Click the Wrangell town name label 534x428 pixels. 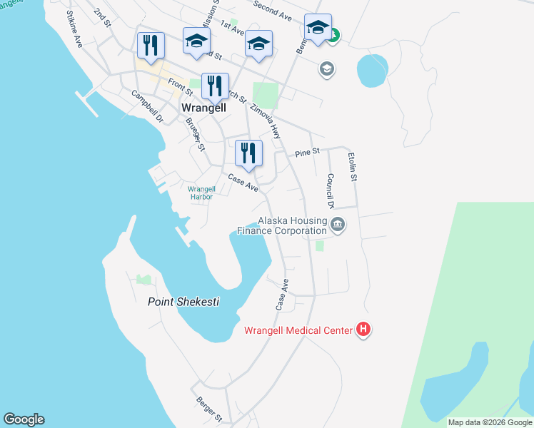204,108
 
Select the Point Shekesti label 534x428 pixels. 183,302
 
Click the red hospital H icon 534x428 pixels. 364,330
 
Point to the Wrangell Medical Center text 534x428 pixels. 298,330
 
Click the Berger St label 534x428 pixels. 209,407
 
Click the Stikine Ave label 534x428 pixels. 75,29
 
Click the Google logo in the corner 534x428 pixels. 24,419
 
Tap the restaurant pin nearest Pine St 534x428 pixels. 248,155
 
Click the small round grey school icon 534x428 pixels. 327,69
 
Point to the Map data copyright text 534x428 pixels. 490,422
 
